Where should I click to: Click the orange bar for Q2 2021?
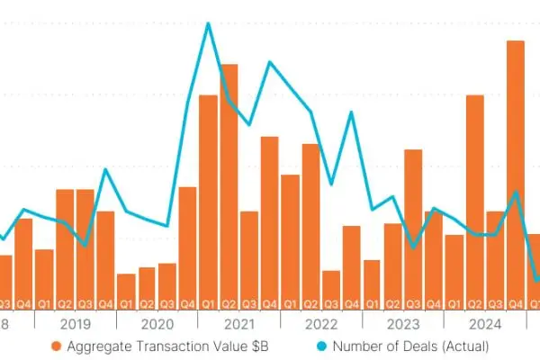[229, 180]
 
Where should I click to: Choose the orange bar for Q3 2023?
[413, 225]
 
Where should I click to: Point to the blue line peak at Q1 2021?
[209, 23]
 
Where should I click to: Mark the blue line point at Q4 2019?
[105, 169]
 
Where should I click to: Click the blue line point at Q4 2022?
[352, 112]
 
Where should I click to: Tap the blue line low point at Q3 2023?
[413, 247]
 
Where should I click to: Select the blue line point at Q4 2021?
[270, 62]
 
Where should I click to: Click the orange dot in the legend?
[56, 346]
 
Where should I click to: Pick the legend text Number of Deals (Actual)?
[410, 346]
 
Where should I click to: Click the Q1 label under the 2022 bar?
[291, 303]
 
